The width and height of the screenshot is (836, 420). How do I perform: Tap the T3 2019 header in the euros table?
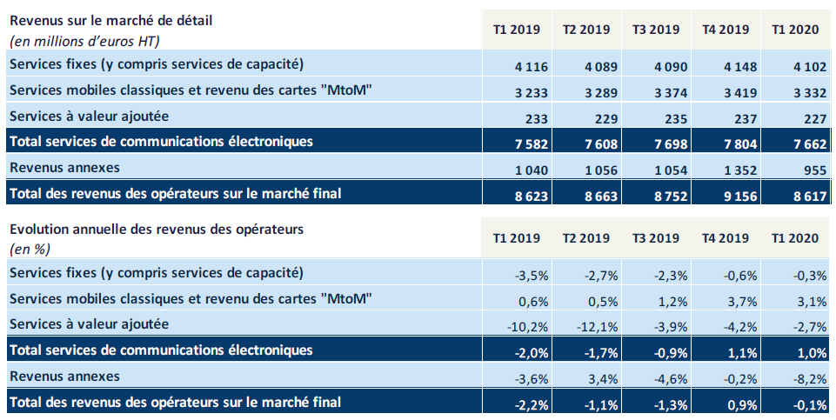point(656,30)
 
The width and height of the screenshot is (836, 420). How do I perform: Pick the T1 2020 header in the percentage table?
point(795,238)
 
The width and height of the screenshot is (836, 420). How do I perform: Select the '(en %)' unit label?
point(30,249)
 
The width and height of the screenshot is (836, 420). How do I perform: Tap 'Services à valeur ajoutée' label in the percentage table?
point(88,323)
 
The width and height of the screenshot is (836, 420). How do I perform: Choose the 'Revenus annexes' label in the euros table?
point(64,167)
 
